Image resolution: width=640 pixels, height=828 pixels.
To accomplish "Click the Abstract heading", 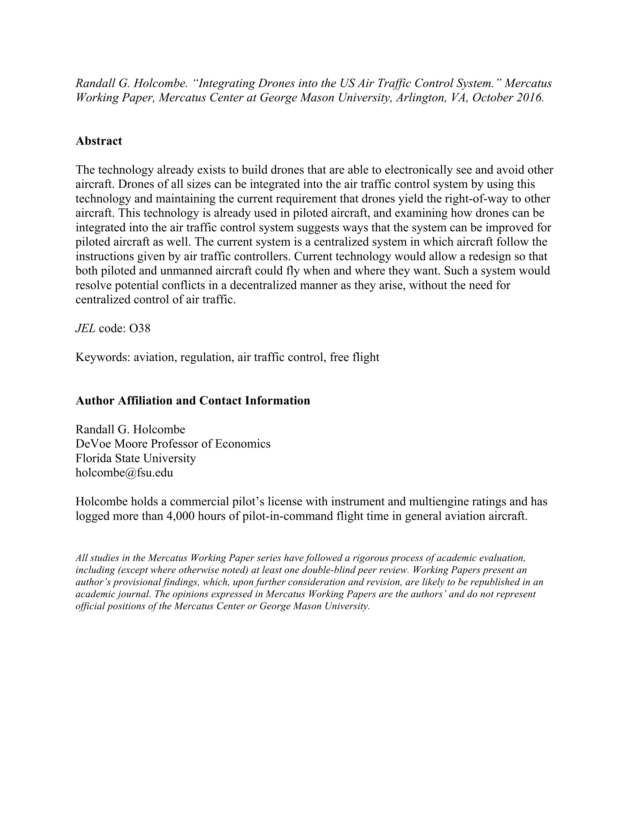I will [99, 141].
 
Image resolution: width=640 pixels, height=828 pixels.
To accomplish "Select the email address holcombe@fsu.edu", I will [124, 473].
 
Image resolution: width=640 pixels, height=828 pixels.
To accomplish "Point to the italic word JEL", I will [85, 328].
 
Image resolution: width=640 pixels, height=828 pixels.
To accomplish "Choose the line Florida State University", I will [136, 458].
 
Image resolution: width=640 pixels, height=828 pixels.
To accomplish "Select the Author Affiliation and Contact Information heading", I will [193, 401].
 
